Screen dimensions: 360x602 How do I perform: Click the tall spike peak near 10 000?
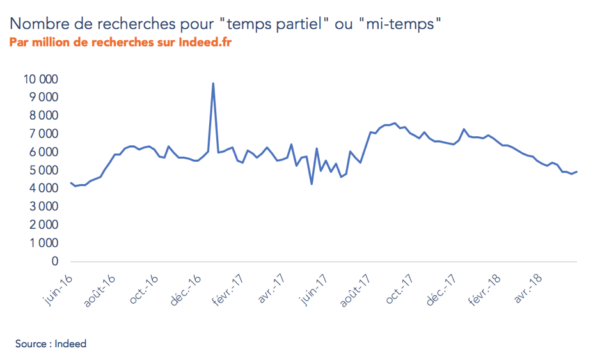tap(212, 84)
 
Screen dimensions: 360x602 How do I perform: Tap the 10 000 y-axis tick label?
tap(40, 79)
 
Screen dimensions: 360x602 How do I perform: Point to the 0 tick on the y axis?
tap(54, 262)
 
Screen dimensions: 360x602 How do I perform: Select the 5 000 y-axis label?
tap(43, 171)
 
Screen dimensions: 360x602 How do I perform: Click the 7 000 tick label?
tap(43, 134)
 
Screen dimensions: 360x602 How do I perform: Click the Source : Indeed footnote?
tap(51, 344)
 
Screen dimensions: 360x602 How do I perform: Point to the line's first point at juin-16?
tap(70, 184)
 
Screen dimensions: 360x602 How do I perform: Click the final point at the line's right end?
tap(577, 171)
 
